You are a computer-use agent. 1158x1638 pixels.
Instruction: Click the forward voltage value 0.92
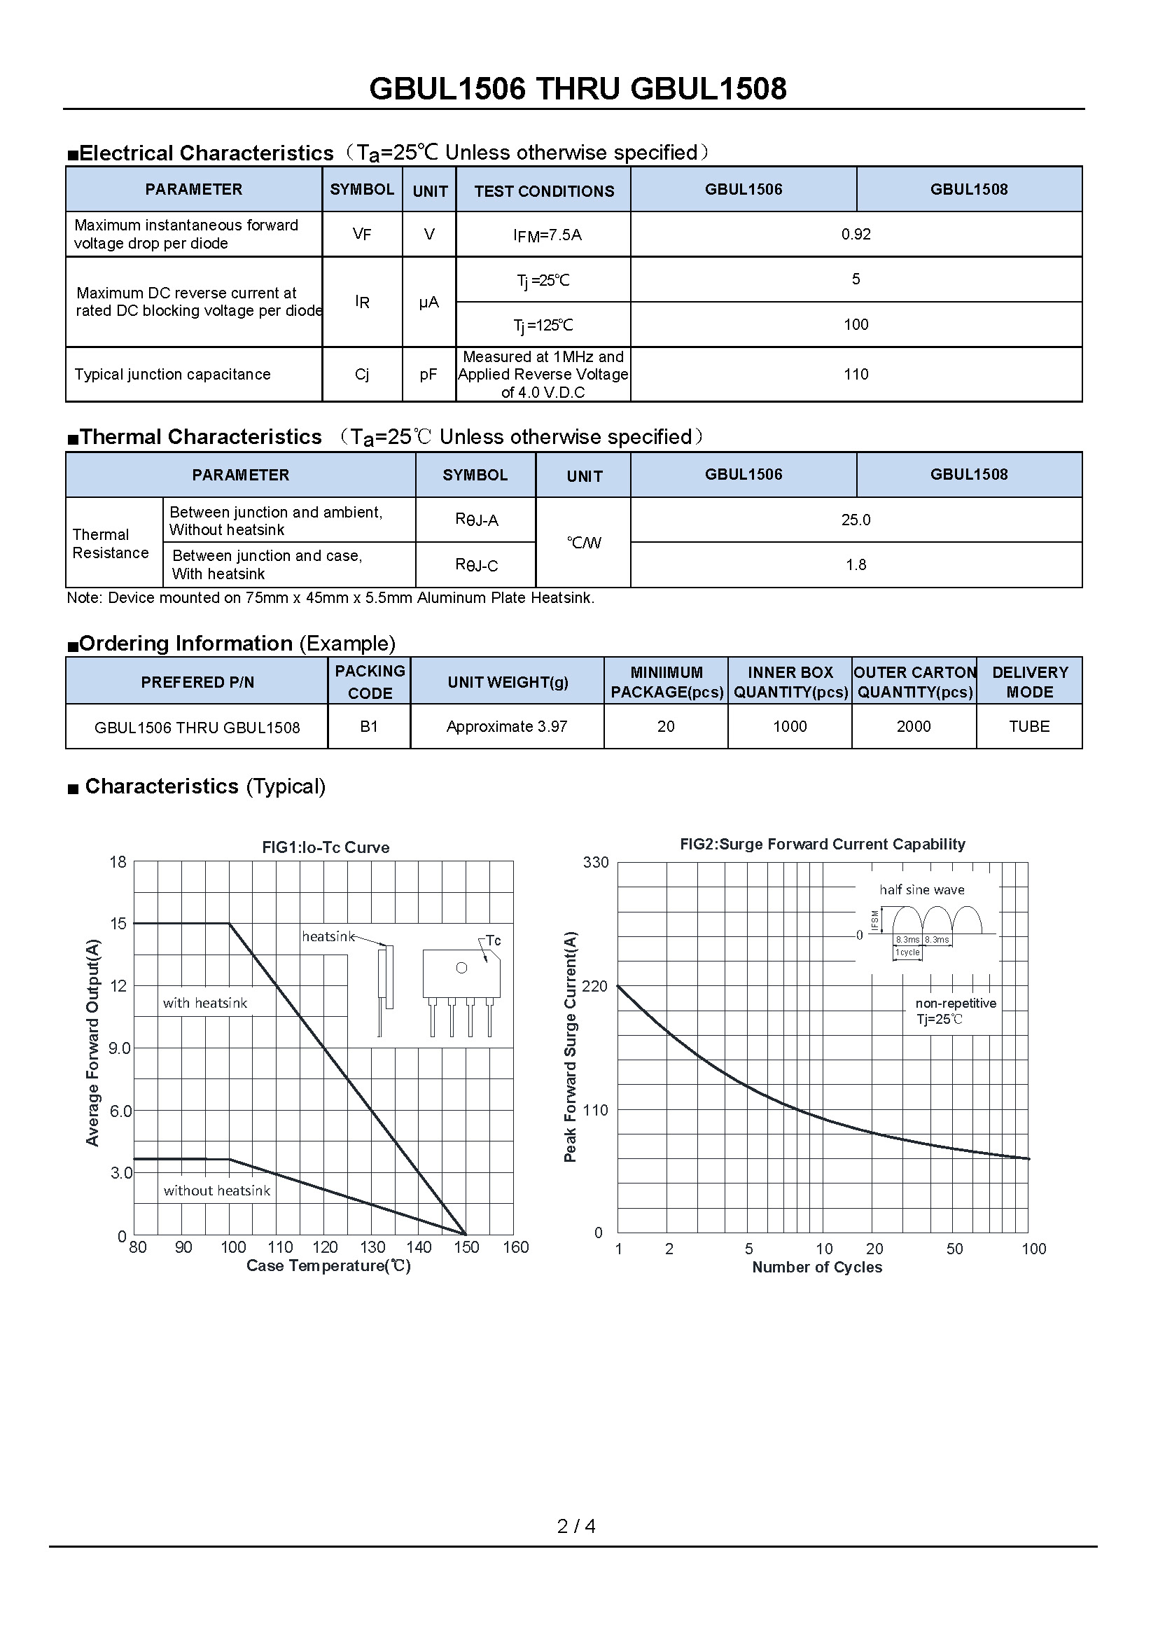(856, 235)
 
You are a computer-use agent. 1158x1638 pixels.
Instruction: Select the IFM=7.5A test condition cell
(547, 235)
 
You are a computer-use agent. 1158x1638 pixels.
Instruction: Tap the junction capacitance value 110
(856, 375)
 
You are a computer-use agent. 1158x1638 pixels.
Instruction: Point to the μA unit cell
(428, 303)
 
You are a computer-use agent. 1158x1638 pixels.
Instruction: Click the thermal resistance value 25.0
(856, 520)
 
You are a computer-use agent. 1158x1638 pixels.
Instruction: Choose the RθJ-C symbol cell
(476, 565)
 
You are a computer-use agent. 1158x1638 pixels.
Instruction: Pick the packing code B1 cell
(369, 726)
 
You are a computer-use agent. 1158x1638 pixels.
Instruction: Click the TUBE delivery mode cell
(1029, 726)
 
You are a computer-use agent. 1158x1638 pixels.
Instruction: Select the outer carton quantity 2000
(914, 726)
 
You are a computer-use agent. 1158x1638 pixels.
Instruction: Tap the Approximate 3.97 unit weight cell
(507, 726)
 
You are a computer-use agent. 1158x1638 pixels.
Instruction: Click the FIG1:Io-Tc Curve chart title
(326, 847)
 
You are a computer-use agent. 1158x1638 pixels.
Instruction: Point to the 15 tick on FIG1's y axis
(118, 924)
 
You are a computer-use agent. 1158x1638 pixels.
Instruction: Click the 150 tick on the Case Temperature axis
(466, 1247)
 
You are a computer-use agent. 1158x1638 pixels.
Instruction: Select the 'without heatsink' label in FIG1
(217, 1191)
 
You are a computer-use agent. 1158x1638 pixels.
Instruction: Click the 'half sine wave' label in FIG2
(921, 889)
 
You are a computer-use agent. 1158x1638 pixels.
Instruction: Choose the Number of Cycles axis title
(817, 1267)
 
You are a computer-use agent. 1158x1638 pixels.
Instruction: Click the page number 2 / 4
(576, 1526)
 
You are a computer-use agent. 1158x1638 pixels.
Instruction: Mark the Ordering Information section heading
(231, 644)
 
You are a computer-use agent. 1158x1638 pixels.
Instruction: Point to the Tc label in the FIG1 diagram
(493, 941)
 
